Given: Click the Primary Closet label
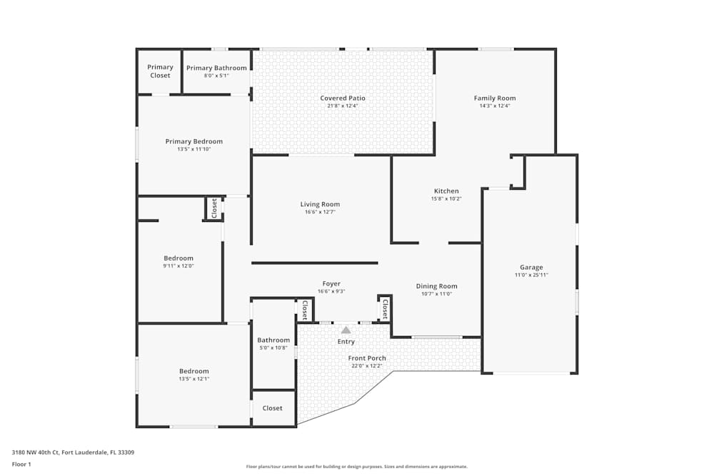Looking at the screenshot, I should point(160,71).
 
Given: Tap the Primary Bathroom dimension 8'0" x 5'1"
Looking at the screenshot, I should point(216,75).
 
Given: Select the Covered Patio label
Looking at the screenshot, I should point(343,98).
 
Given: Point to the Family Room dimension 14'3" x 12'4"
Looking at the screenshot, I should point(495,106).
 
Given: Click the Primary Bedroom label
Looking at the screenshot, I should point(193,141).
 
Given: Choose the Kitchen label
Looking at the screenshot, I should point(446,191).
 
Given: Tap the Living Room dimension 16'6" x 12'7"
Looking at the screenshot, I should point(320,212).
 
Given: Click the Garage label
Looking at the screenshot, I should point(531,267).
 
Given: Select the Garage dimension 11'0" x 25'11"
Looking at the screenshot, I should point(531,275).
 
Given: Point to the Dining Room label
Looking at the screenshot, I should point(436,285).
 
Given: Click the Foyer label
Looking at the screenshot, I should point(331,283).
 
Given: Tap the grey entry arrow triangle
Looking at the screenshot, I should point(346,330).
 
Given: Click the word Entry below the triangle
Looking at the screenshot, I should point(346,342).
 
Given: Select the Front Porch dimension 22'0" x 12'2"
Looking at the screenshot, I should point(367,366).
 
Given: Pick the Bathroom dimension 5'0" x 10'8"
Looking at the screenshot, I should point(273,348).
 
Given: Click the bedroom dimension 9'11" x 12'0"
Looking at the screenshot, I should point(178,265).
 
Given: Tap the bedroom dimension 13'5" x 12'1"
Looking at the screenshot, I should point(193,379).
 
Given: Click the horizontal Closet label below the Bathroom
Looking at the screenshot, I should point(272,408).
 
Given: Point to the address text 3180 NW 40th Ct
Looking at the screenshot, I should point(43,452).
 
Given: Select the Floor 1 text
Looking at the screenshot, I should point(21,464).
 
